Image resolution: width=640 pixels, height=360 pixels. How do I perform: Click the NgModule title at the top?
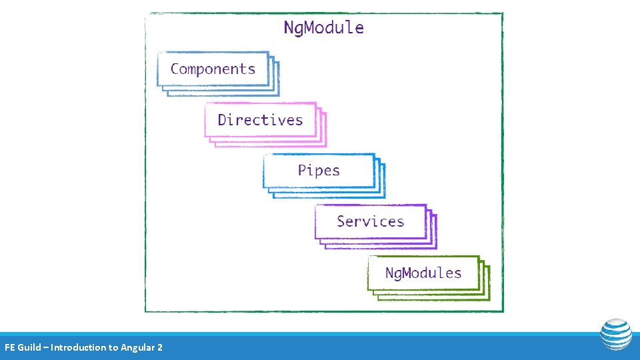(323, 28)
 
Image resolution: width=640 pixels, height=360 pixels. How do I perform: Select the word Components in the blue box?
(213, 69)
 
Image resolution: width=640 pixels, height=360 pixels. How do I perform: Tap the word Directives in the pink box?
(260, 120)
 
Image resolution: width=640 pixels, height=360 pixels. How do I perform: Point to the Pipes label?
(319, 170)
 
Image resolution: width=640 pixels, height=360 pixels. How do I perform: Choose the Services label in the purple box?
(370, 221)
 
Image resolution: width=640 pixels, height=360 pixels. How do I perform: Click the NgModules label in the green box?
(423, 273)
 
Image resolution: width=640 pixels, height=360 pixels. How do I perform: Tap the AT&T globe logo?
(615, 335)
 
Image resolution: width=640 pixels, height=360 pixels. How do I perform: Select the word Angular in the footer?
(137, 347)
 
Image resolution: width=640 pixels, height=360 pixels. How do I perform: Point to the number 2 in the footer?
(159, 347)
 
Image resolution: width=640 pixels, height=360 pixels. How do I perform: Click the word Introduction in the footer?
(79, 347)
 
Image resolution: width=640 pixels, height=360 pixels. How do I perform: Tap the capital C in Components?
(175, 69)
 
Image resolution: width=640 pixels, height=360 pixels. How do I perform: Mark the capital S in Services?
(341, 221)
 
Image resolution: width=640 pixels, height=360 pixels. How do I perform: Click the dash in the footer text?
(46, 347)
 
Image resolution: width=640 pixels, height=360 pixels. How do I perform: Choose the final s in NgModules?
(457, 273)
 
